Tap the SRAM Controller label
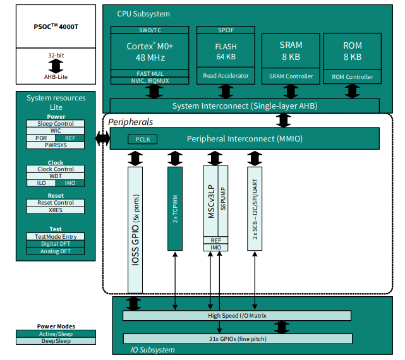(291, 76)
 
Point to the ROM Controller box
(352, 76)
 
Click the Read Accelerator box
(226, 76)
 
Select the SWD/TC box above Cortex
(149, 30)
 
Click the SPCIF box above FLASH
(226, 30)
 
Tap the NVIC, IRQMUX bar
(149, 81)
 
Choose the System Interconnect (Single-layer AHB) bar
(245, 105)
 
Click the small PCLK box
(142, 139)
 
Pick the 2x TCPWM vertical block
(174, 208)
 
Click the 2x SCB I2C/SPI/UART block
(255, 208)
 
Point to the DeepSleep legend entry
(56, 341)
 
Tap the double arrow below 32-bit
(56, 66)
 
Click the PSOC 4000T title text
(56, 28)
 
